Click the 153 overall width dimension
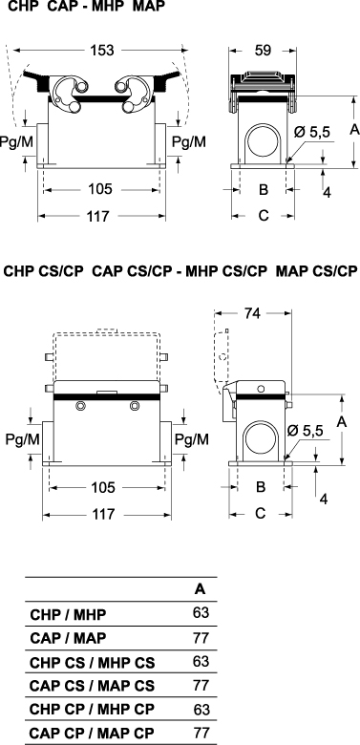click(x=102, y=50)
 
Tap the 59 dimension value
click(x=263, y=50)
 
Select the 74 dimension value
click(x=252, y=313)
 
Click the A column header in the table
click(x=201, y=589)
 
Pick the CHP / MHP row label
click(x=68, y=614)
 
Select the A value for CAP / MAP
click(x=201, y=638)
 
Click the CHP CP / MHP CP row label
click(x=92, y=710)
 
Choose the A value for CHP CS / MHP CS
click(x=201, y=661)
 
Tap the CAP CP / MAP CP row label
click(x=92, y=734)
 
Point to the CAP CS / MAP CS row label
click(x=92, y=686)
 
